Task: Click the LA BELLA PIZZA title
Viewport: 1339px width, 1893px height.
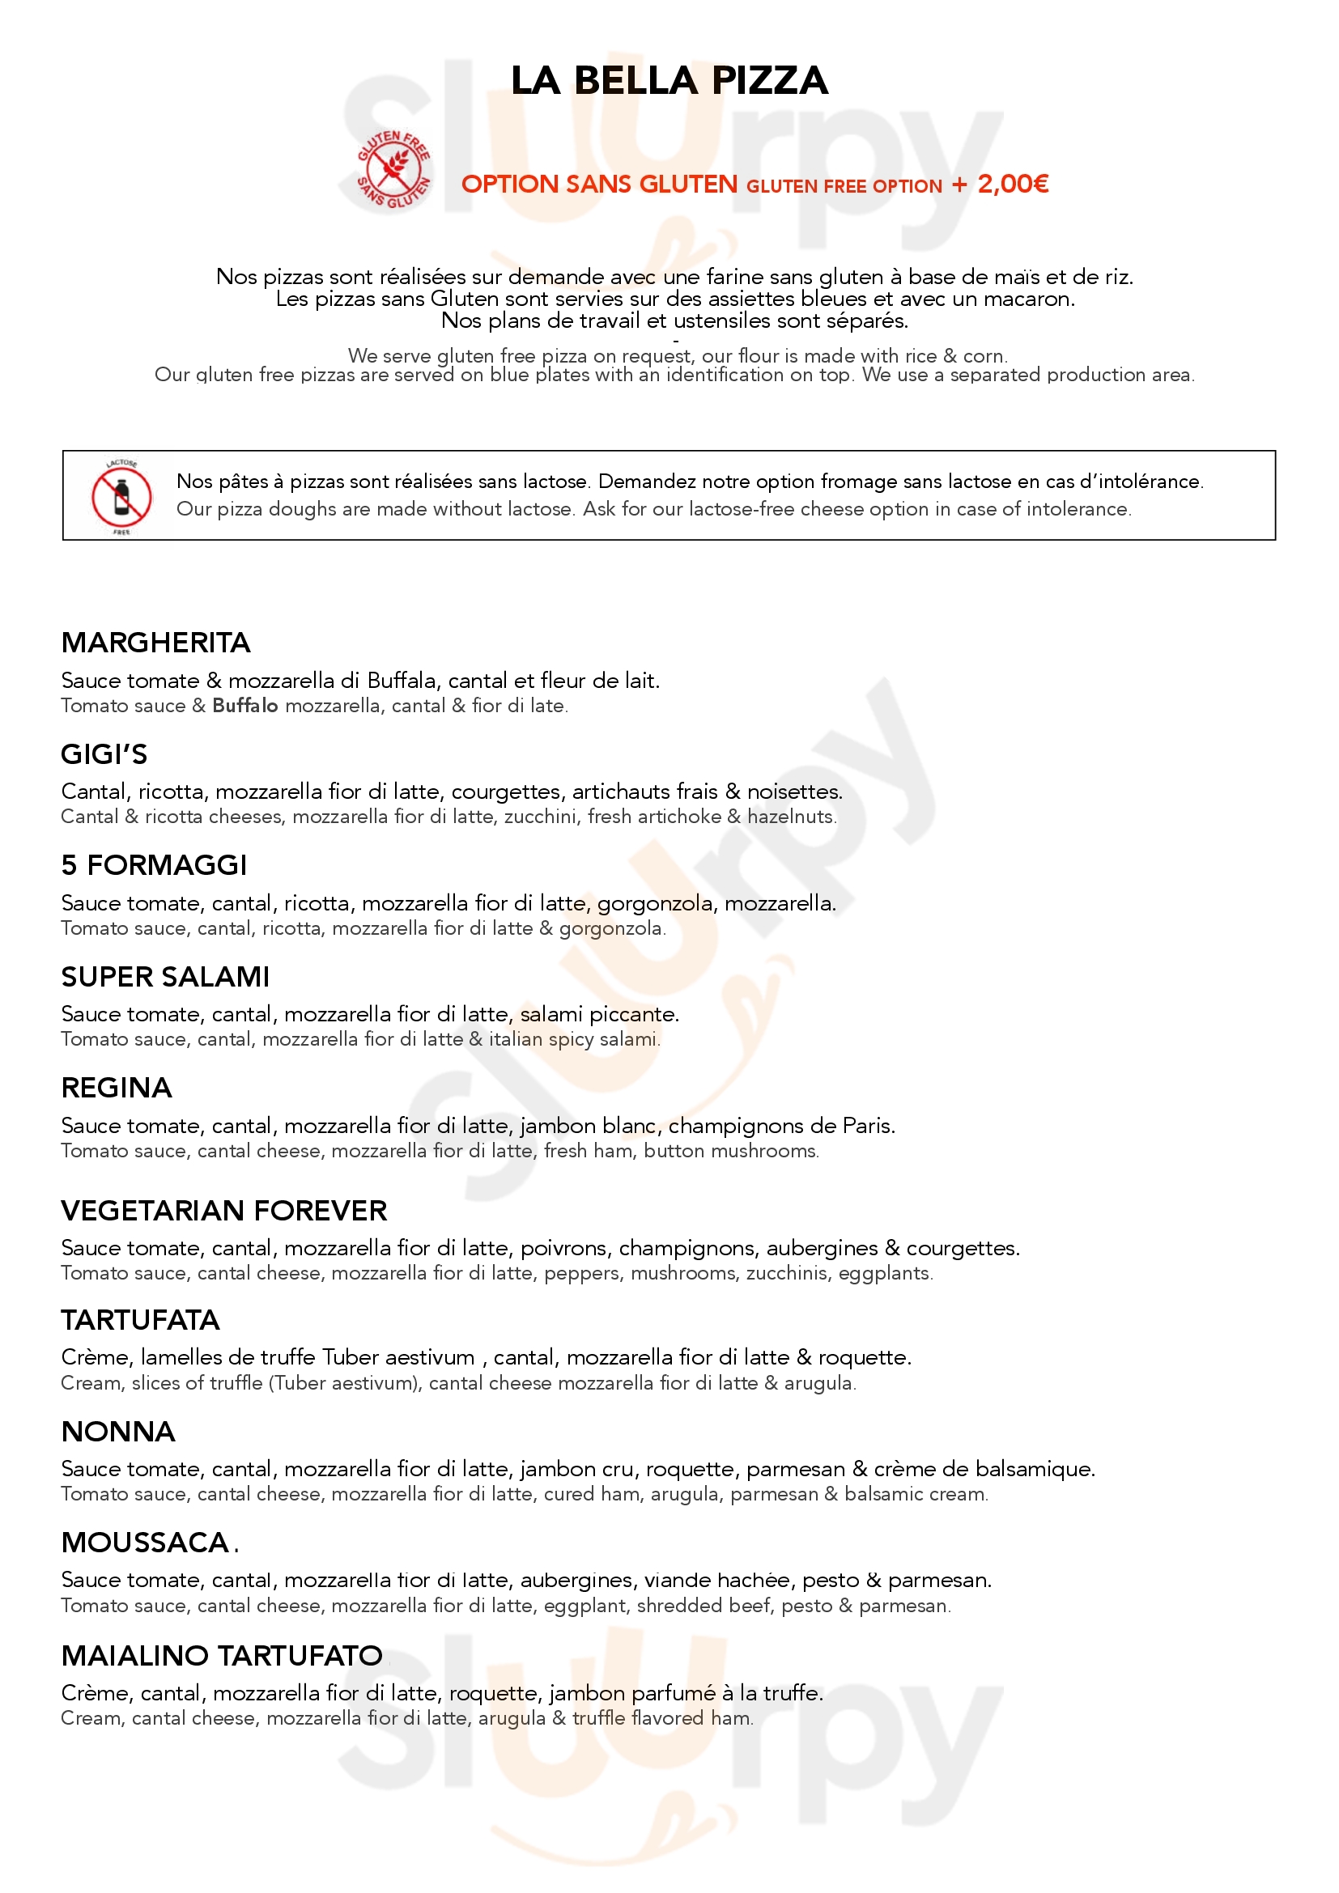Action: pyautogui.click(x=669, y=81)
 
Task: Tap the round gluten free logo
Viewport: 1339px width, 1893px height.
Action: pyautogui.click(x=393, y=169)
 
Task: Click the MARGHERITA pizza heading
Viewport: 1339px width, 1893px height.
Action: pyautogui.click(x=155, y=643)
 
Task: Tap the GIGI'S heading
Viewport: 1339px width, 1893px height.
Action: pyautogui.click(x=104, y=754)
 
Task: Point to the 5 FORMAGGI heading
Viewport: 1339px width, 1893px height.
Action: pyautogui.click(x=154, y=866)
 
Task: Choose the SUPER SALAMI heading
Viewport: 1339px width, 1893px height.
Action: pyautogui.click(x=165, y=977)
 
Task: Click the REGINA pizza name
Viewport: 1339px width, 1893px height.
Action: pyautogui.click(x=117, y=1089)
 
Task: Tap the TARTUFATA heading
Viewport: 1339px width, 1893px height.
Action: pyautogui.click(x=140, y=1321)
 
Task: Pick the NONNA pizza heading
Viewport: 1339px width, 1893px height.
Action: pyautogui.click(x=118, y=1432)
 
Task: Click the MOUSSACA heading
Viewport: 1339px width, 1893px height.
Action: pyautogui.click(x=145, y=1543)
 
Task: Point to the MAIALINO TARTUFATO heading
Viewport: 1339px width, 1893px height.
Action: pyautogui.click(x=222, y=1656)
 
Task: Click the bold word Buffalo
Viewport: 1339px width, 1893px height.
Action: pyautogui.click(x=244, y=706)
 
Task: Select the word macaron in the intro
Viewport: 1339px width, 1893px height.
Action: pyautogui.click(x=1028, y=299)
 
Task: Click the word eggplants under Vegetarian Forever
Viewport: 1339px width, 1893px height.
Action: pyautogui.click(x=885, y=1273)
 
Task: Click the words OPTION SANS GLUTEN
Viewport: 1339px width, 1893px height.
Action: pyautogui.click(x=598, y=184)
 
